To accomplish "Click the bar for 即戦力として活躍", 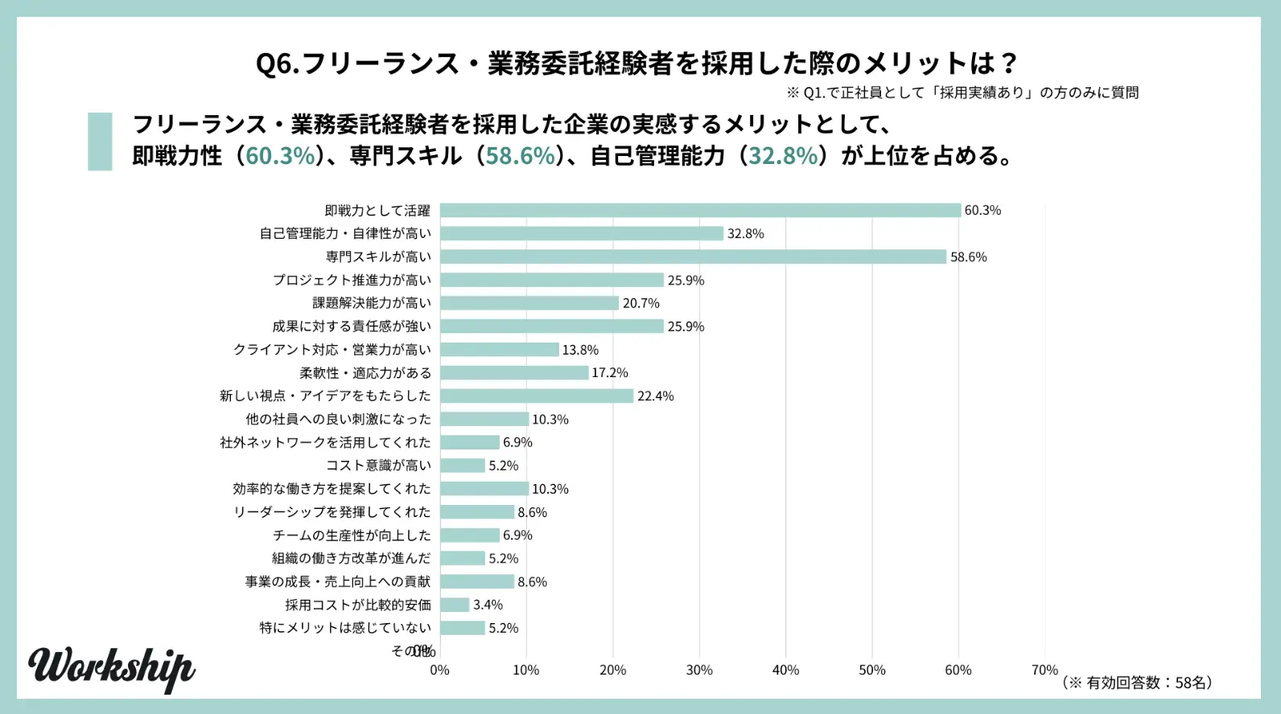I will [x=700, y=211].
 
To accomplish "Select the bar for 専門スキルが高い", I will [x=693, y=257].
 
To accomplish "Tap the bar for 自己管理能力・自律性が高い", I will [x=582, y=234].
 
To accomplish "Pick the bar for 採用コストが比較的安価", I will [x=455, y=605].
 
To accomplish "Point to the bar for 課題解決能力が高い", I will [x=529, y=303].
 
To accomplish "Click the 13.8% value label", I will [x=580, y=350].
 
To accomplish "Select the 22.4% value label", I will [x=655, y=396].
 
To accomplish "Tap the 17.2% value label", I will [x=610, y=373].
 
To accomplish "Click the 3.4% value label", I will [x=488, y=605].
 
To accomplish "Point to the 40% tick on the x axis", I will [x=785, y=671].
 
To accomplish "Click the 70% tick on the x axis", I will [x=1044, y=671].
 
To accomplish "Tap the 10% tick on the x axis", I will [x=526, y=671].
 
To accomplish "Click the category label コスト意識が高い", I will [x=378, y=466].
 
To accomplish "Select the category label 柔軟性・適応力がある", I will [x=365, y=373].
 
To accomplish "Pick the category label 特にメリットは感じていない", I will [x=345, y=628].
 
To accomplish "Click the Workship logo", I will [x=111, y=668].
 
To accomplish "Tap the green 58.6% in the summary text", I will [x=521, y=156].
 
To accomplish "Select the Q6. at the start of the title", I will [x=277, y=63].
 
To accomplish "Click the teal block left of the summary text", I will [x=100, y=142].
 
